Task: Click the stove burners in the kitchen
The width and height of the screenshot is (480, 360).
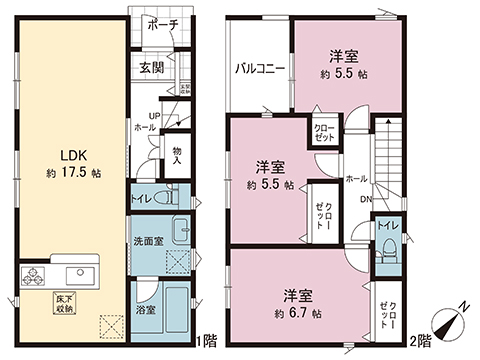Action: [34, 273]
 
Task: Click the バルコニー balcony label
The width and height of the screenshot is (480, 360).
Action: [260, 69]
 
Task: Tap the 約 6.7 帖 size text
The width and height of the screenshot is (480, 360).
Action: [299, 313]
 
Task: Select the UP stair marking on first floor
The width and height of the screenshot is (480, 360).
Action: [143, 116]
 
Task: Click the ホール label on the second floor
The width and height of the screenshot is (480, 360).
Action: [355, 178]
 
